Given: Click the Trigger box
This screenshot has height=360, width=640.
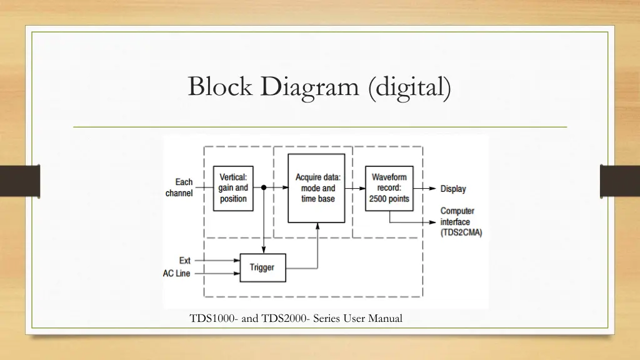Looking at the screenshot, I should (x=262, y=267).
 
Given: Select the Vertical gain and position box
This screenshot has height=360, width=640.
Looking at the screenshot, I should (x=233, y=188).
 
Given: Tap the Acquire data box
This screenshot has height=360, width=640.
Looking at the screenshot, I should (x=317, y=188).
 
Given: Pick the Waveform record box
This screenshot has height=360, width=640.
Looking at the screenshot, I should (x=389, y=188).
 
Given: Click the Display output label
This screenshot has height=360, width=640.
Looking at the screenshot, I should (x=453, y=189).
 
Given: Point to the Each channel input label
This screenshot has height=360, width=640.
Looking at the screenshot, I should (x=179, y=187).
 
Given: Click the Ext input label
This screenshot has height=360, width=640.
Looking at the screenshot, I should (x=185, y=261).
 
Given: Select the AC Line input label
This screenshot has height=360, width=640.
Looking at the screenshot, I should (x=177, y=274).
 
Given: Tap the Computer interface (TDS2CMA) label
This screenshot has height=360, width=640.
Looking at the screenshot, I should (x=461, y=222).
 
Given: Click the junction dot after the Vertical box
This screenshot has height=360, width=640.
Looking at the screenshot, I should (x=264, y=187).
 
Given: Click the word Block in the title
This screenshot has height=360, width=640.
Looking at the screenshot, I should (x=220, y=86).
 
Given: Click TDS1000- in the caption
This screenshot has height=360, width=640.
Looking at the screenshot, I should (x=214, y=319).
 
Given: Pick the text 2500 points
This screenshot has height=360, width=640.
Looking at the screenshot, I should (x=389, y=199).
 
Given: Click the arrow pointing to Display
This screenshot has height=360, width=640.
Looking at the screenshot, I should (x=427, y=188).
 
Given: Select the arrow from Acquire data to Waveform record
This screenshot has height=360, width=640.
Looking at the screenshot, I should (x=356, y=187).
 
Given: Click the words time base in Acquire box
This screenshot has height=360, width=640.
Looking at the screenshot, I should (x=318, y=199).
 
